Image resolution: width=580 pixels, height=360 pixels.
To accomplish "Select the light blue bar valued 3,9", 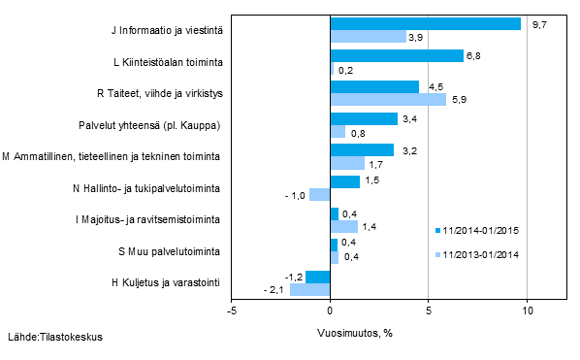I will (368, 36).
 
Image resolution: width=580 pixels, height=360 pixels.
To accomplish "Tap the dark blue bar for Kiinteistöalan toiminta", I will (396, 55).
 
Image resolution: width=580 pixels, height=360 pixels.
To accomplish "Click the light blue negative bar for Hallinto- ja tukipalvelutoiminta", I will (319, 194).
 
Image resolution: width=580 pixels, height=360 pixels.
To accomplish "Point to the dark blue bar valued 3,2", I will (361, 149).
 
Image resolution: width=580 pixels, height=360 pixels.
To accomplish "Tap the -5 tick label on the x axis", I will (231, 311).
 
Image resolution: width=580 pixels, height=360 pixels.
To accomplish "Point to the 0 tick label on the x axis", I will (330, 311).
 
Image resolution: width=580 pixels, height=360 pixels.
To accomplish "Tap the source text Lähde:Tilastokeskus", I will (54, 338).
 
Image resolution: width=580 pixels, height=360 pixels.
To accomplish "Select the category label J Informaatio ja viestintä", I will (167, 30).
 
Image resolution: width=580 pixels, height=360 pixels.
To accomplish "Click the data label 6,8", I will (474, 55).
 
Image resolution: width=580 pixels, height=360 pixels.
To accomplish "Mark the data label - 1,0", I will (294, 195).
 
